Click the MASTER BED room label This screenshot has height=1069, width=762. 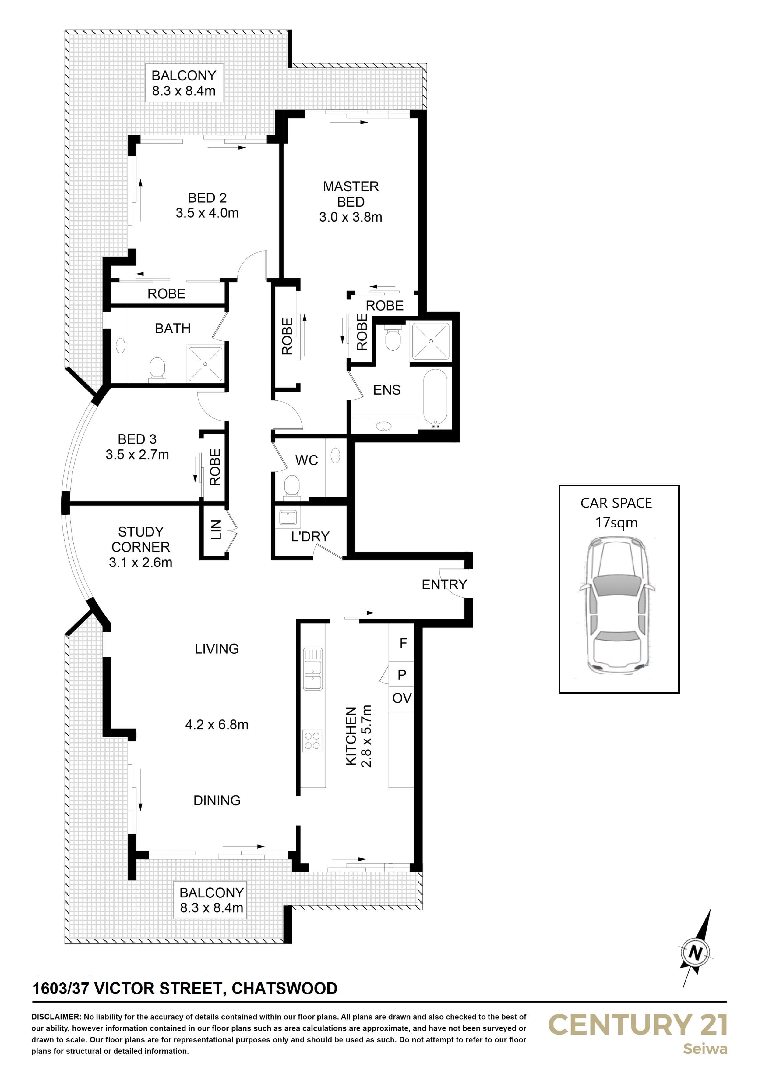[x=351, y=194]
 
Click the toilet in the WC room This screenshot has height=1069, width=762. [x=292, y=486]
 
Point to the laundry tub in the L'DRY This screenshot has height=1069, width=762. [x=287, y=518]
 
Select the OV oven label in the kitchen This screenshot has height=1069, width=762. [x=402, y=698]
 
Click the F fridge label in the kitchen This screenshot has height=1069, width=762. [x=403, y=643]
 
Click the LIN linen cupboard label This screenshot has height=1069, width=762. [x=215, y=530]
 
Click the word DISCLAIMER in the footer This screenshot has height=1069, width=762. [x=56, y=1016]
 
